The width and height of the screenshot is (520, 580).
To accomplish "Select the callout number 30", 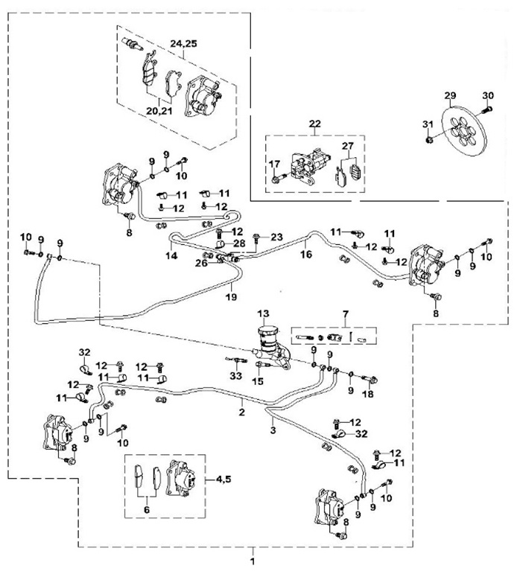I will click(x=488, y=95).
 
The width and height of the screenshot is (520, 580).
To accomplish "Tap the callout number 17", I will click(x=274, y=164).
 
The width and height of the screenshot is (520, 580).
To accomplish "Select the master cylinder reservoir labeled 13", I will click(x=266, y=333).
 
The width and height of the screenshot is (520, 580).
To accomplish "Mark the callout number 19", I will click(x=231, y=297).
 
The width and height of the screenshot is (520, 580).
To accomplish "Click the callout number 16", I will click(x=305, y=254).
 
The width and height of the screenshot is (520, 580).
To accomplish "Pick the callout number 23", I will click(x=277, y=237).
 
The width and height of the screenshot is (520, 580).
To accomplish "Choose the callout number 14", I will click(x=171, y=255).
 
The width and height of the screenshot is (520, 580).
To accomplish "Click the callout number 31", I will click(x=428, y=124).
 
